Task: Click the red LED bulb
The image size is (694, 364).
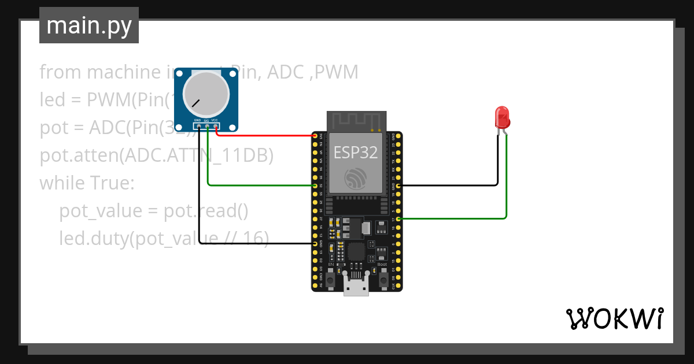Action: tap(502, 117)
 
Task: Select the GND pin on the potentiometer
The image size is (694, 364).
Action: tap(198, 125)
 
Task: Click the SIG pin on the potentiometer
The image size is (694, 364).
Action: tap(206, 125)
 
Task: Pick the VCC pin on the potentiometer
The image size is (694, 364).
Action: tap(215, 125)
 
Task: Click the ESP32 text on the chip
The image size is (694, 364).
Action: tap(356, 153)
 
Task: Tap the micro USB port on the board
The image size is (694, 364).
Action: tap(356, 287)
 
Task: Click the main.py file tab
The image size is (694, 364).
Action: tap(89, 25)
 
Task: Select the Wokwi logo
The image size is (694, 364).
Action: tap(614, 318)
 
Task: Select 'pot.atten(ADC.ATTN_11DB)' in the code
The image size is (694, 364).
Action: tap(156, 155)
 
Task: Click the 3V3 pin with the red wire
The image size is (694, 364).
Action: tap(315, 136)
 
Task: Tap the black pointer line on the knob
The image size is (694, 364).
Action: tap(196, 103)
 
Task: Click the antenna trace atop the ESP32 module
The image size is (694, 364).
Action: tap(356, 121)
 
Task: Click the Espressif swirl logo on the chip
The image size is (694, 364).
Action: tap(356, 179)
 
